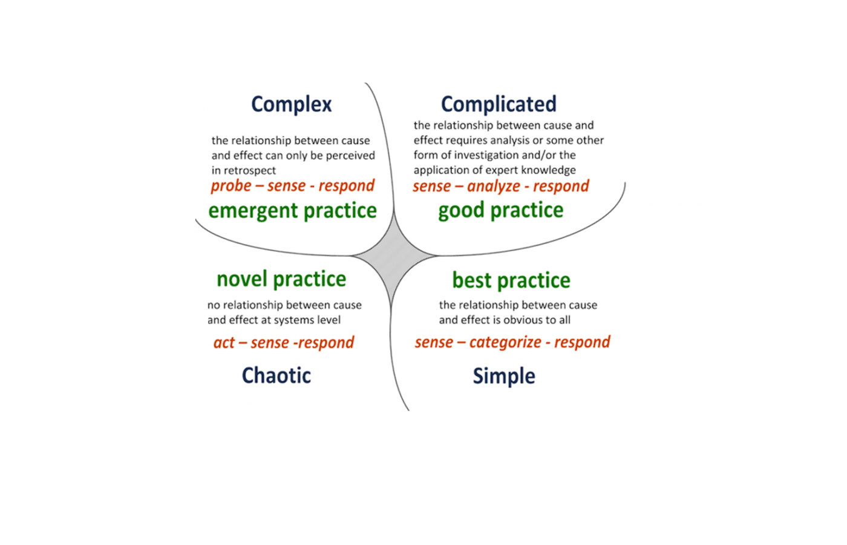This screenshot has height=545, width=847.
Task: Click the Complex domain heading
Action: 292,104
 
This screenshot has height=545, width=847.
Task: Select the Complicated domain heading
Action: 499,104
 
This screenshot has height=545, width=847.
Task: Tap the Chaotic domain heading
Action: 276,375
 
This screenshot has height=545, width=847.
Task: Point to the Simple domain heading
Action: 504,377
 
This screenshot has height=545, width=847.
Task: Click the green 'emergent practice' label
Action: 293,211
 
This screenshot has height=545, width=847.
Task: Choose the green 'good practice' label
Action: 501,211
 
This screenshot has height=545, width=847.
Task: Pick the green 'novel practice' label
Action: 281,279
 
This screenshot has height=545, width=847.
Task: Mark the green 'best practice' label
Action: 511,281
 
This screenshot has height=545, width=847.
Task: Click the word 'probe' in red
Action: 231,187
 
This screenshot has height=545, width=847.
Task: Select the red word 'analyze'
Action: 494,187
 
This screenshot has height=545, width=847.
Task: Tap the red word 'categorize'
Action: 505,343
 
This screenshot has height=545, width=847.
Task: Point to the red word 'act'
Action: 224,343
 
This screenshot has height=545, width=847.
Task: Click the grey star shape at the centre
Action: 393,257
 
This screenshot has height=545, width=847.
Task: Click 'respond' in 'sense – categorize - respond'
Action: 582,343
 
